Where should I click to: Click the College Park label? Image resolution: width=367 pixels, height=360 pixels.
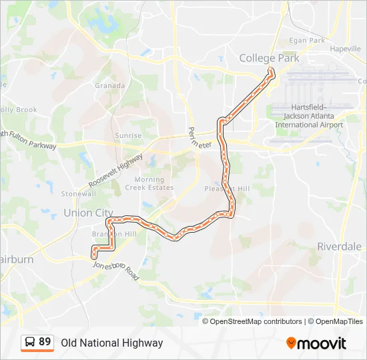pyautogui.click(x=270, y=58)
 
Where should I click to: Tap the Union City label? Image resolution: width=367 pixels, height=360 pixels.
pyautogui.click(x=88, y=213)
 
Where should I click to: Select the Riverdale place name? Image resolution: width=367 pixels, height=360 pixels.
pyautogui.click(x=339, y=246)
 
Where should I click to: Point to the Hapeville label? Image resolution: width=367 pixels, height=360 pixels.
pyautogui.click(x=345, y=49)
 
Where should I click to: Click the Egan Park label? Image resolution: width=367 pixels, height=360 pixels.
pyautogui.click(x=307, y=41)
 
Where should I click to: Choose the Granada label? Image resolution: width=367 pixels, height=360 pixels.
pyautogui.click(x=110, y=85)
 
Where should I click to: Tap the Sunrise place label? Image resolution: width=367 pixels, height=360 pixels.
pyautogui.click(x=128, y=135)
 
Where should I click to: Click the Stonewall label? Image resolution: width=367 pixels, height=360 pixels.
pyautogui.click(x=79, y=194)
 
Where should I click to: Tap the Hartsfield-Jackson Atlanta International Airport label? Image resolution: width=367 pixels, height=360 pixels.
pyautogui.click(x=308, y=116)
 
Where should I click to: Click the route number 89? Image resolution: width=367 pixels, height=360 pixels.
pyautogui.click(x=45, y=342)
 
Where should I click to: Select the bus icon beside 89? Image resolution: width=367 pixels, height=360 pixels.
pyautogui.click(x=30, y=343)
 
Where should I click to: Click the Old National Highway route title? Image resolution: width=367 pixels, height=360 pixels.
pyautogui.click(x=112, y=343)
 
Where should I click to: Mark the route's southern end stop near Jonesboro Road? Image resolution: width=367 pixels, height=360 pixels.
pyautogui.click(x=94, y=255)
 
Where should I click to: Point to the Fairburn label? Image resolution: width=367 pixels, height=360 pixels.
pyautogui.click(x=15, y=259)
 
